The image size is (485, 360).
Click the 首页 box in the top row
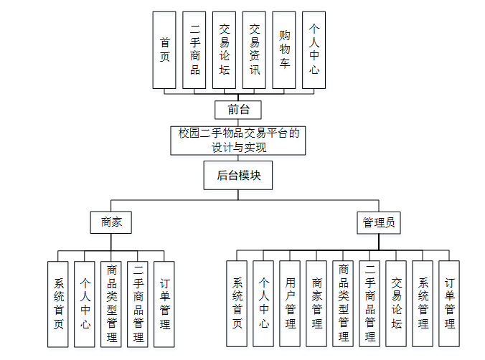164,49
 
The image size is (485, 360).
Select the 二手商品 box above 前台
194,49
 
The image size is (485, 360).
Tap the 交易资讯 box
254,49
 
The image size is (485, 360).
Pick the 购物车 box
284,49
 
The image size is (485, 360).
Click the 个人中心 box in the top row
314,49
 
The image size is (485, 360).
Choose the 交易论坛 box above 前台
225,49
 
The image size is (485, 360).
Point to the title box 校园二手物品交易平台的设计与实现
238,141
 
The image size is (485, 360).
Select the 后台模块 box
238,174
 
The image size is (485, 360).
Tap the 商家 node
111,222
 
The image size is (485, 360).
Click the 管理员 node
378,222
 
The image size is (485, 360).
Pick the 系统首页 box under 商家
58,303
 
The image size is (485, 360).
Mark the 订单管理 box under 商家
164,303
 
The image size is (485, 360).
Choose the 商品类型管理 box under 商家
111,303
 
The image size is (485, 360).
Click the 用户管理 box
290,303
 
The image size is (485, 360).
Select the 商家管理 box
316,303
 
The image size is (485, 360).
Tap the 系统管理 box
423,303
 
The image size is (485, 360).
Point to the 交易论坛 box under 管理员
396,303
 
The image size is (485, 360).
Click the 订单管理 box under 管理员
449,303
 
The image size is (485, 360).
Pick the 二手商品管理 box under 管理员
369,303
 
